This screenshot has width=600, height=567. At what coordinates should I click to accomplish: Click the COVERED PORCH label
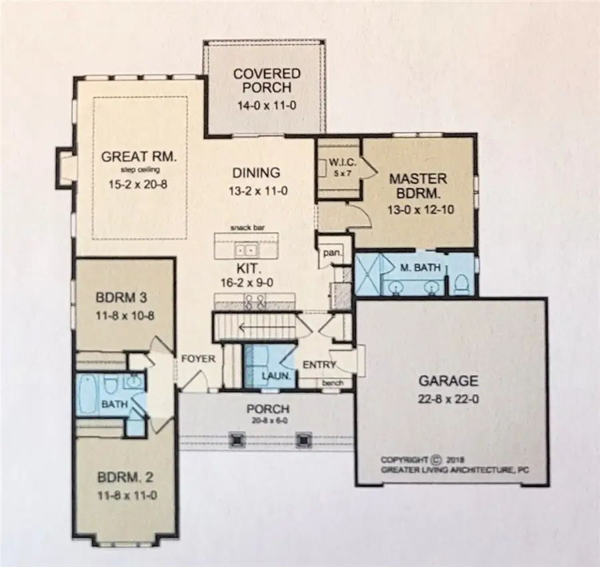point(266,80)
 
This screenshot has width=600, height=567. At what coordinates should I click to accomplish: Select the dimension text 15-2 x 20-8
point(139,184)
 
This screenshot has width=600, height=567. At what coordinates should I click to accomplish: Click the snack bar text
point(247,227)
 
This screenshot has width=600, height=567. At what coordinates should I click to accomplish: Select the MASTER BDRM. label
point(419,187)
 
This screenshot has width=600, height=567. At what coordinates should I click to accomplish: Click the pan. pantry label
point(329,254)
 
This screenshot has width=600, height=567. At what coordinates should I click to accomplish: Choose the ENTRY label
point(319,365)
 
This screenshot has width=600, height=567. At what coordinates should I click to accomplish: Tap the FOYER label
point(198,359)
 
